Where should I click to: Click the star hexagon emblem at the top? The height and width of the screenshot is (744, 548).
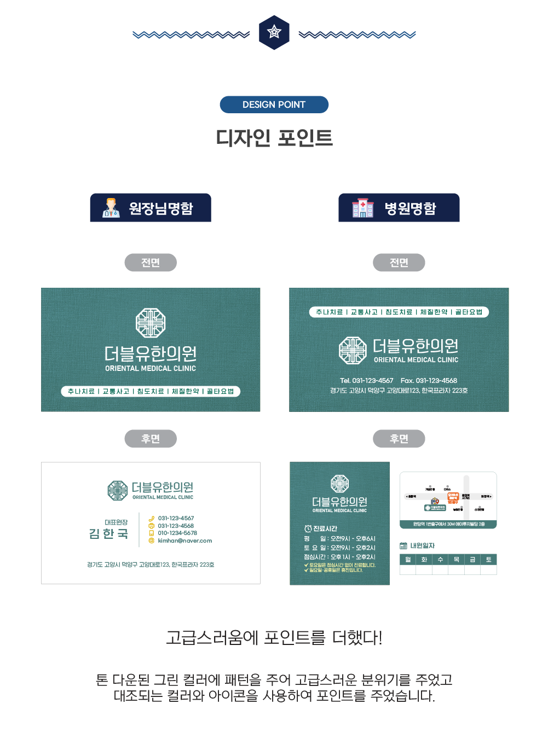tap(274, 33)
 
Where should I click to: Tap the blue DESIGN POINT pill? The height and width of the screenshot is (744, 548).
tap(274, 104)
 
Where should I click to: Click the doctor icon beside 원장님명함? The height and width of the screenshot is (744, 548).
tap(111, 208)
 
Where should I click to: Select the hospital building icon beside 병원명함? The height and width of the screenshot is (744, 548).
tap(362, 208)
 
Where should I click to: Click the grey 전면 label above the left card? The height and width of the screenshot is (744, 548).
tap(151, 263)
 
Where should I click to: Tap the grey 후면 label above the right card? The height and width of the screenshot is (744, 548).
tap(399, 439)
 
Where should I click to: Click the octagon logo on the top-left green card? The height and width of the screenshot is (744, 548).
tap(151, 323)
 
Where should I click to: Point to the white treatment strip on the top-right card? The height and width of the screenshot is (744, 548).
tap(399, 312)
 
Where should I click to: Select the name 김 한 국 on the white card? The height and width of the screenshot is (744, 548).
tap(108, 533)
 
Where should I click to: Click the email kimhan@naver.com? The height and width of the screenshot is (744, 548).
tap(184, 540)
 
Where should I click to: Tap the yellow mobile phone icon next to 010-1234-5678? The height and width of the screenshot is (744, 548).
tap(152, 533)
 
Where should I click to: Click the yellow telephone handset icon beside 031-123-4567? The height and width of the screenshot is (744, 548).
tap(152, 519)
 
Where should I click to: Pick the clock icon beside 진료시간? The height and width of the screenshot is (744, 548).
tap(308, 528)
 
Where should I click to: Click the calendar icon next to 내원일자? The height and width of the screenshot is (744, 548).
tap(403, 545)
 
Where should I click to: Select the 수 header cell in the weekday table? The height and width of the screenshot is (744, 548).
tap(440, 560)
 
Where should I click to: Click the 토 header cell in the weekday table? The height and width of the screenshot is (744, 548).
tap(488, 560)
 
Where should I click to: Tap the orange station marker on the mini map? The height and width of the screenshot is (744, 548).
tap(453, 497)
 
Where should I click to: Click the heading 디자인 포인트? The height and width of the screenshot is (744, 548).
tap(274, 138)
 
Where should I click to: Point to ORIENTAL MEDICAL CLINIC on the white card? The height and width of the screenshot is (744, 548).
tap(163, 497)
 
